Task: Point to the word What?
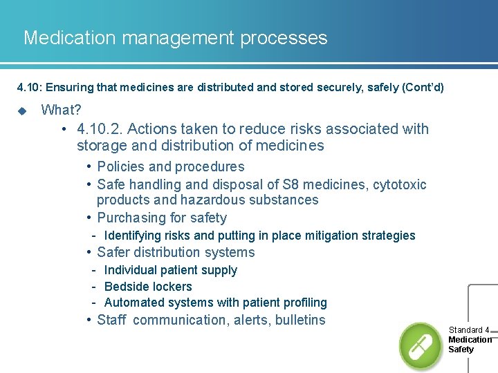(61, 110)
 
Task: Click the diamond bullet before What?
(21, 111)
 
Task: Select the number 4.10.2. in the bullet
(100, 129)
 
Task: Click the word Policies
(121, 166)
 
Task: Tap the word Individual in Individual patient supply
(130, 270)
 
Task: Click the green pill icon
(420, 345)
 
